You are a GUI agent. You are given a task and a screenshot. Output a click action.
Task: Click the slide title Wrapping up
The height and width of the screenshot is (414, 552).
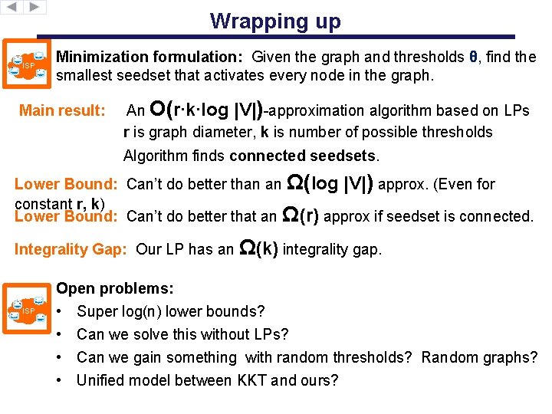click(275, 21)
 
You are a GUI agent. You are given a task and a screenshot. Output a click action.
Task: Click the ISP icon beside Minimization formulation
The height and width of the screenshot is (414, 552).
click(30, 65)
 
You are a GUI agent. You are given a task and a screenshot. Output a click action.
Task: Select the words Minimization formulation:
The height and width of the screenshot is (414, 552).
click(150, 57)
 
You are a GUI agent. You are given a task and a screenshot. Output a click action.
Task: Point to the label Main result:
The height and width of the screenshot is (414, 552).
click(62, 110)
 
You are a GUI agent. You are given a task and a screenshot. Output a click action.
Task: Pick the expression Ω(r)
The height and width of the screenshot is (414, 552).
click(301, 215)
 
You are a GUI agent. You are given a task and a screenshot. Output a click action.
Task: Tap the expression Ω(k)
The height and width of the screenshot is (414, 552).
click(259, 248)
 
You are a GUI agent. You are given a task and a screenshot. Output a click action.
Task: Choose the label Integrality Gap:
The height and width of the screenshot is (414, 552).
click(73, 249)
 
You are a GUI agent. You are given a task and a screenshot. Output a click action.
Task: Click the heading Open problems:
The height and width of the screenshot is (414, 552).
click(115, 289)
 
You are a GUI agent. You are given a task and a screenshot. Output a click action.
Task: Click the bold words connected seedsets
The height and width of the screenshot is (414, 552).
click(303, 156)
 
